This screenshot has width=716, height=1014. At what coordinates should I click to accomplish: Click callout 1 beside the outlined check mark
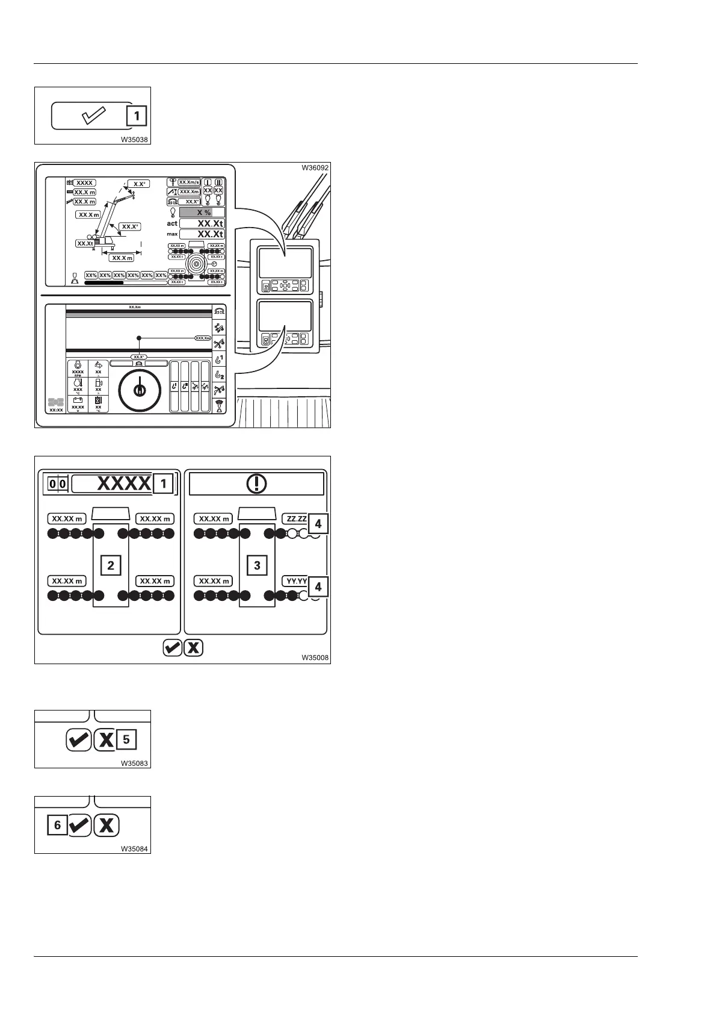click(137, 116)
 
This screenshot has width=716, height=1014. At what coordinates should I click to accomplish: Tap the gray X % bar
click(202, 213)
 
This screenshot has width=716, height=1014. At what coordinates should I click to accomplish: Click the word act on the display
click(172, 223)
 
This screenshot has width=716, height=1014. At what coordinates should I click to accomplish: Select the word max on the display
click(172, 234)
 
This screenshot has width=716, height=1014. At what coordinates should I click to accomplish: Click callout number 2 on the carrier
click(111, 565)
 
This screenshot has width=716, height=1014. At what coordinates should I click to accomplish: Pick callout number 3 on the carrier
click(258, 565)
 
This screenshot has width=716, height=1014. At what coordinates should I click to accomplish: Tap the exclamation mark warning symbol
click(257, 484)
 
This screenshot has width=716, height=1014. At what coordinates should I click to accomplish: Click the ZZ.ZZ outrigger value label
click(295, 518)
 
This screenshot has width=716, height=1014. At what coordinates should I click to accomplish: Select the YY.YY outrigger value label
click(295, 581)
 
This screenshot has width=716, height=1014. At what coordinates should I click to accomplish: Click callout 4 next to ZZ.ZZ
click(318, 524)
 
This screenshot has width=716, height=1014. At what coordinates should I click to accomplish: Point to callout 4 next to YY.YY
click(318, 586)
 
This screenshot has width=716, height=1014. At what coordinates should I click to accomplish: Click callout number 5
click(126, 739)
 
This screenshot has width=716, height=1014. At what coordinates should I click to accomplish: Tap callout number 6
click(58, 825)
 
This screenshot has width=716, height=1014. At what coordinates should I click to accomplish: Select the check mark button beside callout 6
click(79, 825)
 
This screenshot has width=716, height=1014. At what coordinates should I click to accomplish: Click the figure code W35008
click(315, 658)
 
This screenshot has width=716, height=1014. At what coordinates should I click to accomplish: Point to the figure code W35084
click(135, 849)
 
